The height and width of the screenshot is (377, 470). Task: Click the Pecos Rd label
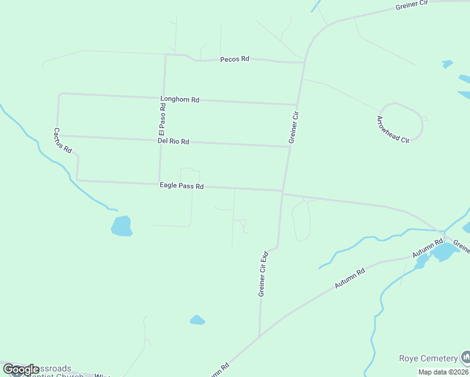point(235,59)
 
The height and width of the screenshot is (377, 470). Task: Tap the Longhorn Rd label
point(180,99)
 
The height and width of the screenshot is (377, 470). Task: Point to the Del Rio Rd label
point(173,142)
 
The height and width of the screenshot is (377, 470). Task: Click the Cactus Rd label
point(62,141)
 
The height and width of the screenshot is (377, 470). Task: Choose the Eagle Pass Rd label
point(182,186)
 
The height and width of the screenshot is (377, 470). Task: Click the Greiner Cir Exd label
point(263,274)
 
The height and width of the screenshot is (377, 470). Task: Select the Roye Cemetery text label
point(428,358)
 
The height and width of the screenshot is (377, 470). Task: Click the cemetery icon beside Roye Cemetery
point(466,358)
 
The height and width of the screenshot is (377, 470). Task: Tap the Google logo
point(21,369)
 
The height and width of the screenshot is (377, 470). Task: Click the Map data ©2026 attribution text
point(443,372)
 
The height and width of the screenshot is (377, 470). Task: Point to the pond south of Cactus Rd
point(122,226)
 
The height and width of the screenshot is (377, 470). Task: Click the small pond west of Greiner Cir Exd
point(197,320)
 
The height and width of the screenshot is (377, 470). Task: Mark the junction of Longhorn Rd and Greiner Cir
point(297,105)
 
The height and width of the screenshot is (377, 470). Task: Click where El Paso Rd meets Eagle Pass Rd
point(159,183)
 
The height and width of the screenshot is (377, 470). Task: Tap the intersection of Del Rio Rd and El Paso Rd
point(161,140)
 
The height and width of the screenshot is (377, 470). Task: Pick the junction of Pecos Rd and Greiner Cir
point(304,62)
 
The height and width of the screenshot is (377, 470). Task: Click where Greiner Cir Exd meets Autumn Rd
point(260,336)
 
